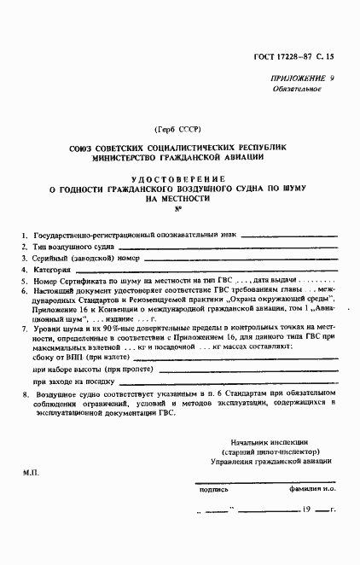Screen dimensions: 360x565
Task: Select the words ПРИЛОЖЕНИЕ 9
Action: tap(303, 78)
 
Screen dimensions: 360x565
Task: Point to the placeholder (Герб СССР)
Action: tap(177, 129)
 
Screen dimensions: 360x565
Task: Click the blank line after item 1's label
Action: tap(289, 234)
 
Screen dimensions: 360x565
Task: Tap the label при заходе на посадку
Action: tap(74, 382)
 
